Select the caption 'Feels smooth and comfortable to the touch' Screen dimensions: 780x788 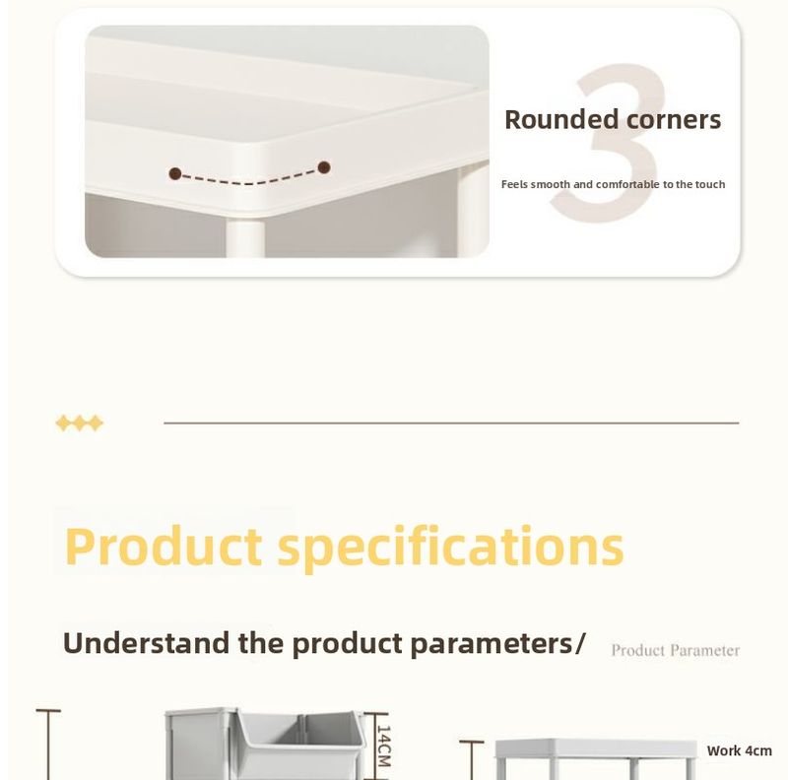pos(613,184)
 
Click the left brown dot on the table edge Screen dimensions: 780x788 pos(175,173)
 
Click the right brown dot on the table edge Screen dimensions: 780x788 pos(324,167)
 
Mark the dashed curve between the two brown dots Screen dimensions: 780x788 pos(249,180)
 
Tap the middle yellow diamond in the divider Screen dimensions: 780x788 pos(80,423)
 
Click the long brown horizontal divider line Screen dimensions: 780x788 pos(451,423)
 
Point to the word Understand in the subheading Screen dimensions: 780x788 pos(146,643)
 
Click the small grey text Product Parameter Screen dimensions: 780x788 pos(675,650)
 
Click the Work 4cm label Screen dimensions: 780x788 pos(739,750)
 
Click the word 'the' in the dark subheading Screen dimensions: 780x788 pos(261,643)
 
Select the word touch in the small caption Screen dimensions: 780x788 pos(709,184)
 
